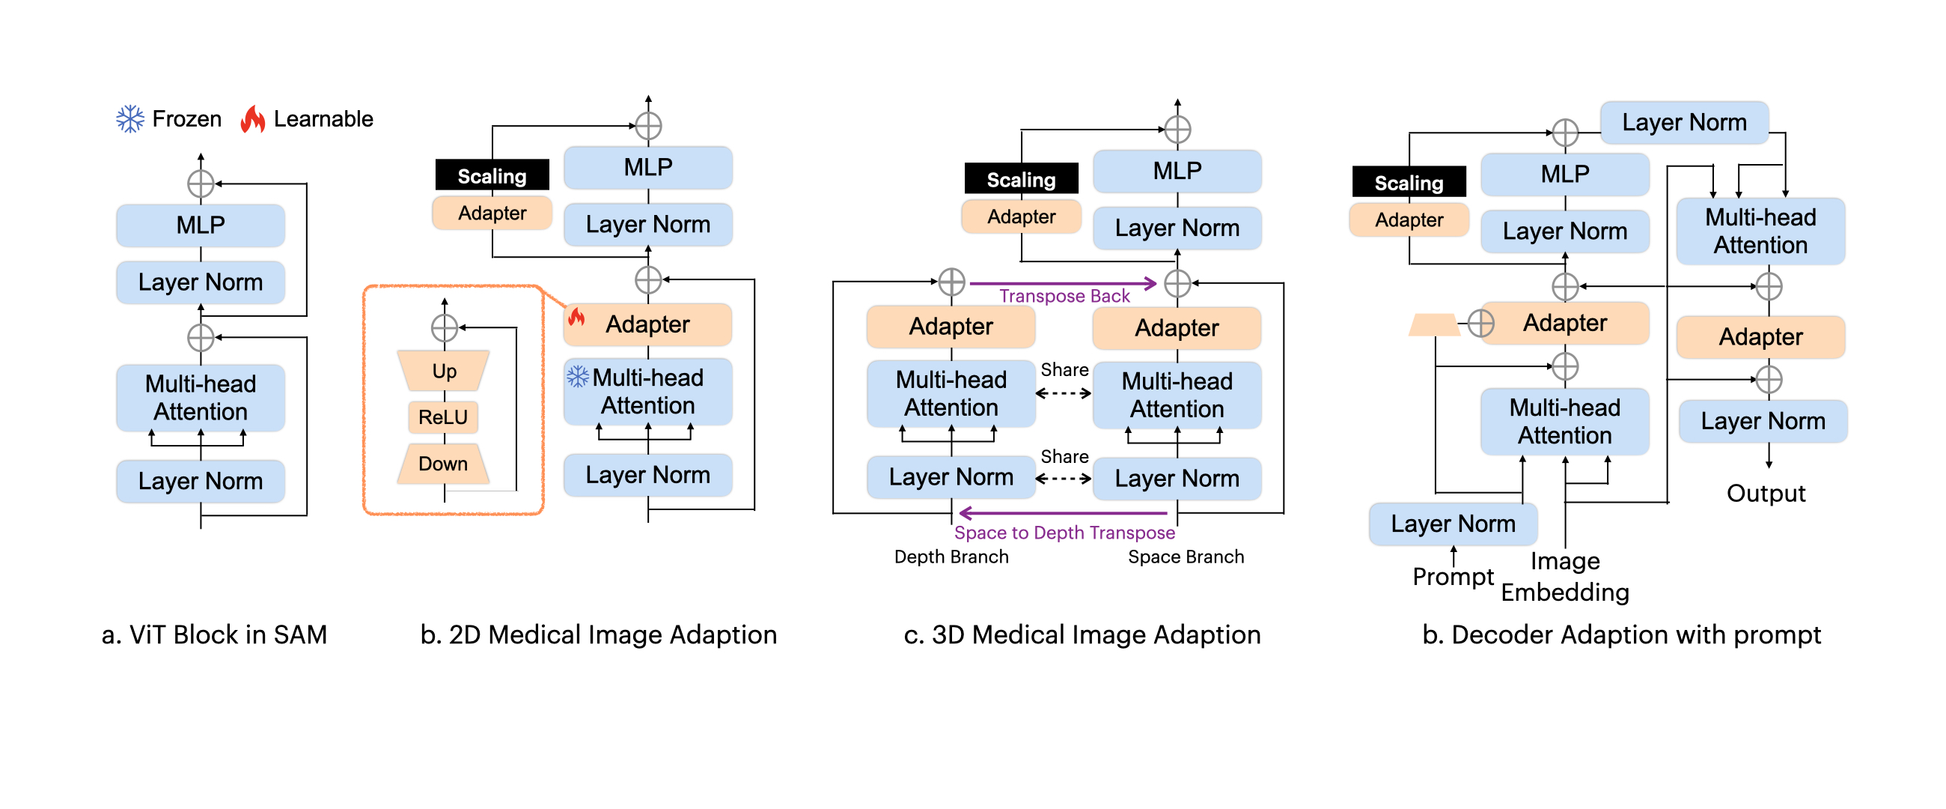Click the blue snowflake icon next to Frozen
click(130, 118)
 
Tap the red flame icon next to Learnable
click(252, 118)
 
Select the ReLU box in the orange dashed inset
click(443, 416)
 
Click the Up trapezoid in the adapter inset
click(443, 371)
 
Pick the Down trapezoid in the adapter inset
click(443, 464)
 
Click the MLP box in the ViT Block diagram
click(200, 225)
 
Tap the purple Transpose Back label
click(1064, 296)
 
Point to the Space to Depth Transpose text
click(1064, 533)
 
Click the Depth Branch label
click(951, 557)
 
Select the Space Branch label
click(1186, 557)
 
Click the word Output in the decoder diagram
click(1766, 493)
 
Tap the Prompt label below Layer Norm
click(1452, 576)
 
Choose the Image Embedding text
click(1564, 577)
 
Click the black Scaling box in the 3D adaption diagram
click(1021, 179)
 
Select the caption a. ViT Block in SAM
click(215, 634)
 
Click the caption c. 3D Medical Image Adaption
click(1082, 634)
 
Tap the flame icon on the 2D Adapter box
click(577, 317)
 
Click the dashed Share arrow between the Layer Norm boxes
click(1063, 478)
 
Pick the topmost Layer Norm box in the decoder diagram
click(1684, 123)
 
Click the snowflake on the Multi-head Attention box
click(578, 377)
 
